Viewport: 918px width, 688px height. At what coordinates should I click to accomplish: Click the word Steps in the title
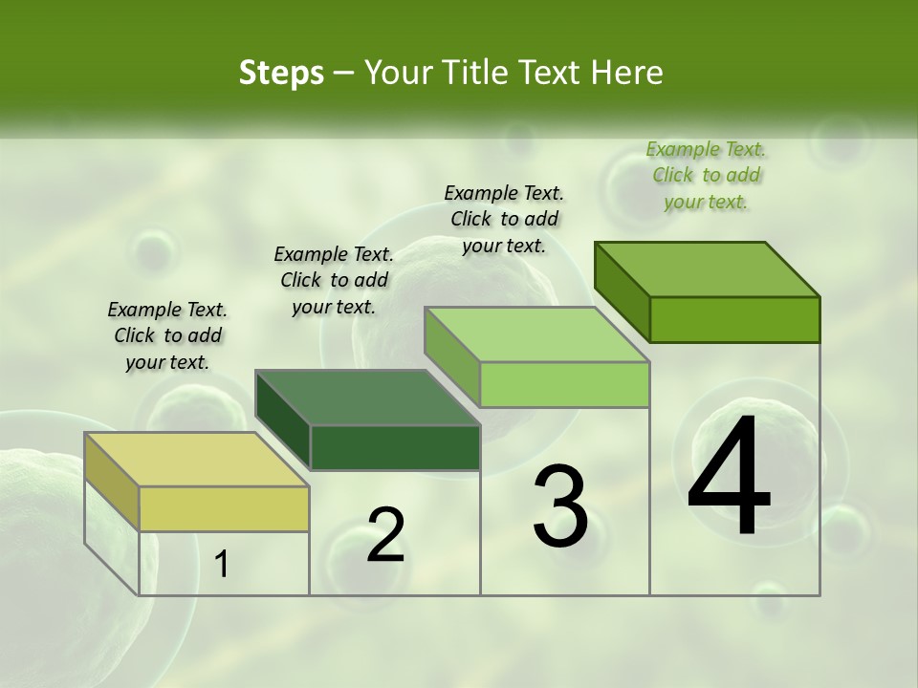[x=281, y=73]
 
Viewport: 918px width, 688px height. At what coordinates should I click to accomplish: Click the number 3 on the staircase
[x=559, y=505]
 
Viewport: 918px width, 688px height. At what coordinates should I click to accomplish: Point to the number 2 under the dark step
[x=385, y=535]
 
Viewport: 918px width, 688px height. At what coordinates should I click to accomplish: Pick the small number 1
[x=222, y=565]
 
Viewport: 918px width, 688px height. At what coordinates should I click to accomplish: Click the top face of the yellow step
[x=196, y=459]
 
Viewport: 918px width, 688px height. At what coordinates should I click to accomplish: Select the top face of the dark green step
[x=367, y=398]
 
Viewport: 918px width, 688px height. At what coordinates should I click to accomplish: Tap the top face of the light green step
[x=536, y=334]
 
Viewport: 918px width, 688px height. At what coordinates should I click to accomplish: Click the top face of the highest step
[x=708, y=269]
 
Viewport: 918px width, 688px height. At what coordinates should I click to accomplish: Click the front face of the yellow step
[x=224, y=508]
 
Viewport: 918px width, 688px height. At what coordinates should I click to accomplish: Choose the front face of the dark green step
[x=395, y=447]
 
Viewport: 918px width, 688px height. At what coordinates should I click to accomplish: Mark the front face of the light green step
[x=564, y=384]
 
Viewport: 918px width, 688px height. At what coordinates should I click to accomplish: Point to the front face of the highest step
[x=734, y=319]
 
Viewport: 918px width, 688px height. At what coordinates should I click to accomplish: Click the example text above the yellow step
[x=167, y=335]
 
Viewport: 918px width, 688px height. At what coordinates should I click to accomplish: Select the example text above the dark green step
[x=334, y=280]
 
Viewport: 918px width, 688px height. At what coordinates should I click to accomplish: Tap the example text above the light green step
[x=504, y=219]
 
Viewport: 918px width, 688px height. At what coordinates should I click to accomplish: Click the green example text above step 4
[x=706, y=175]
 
